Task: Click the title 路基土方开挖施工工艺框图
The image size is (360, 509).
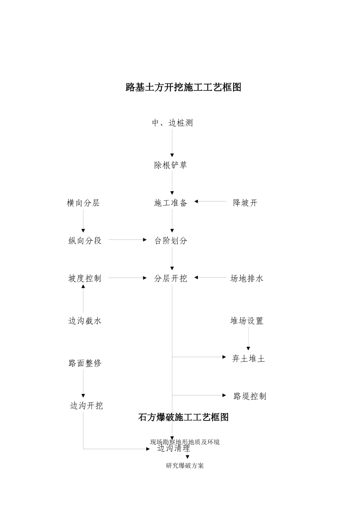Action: coord(183,87)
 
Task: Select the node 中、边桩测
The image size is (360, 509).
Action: coord(172,123)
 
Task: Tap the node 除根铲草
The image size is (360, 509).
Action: coord(171,165)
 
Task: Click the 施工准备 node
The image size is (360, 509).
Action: coord(171,203)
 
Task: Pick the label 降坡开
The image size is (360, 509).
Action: coord(245,203)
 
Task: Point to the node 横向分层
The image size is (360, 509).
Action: coord(83,203)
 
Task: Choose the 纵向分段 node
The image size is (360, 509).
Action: coord(85,241)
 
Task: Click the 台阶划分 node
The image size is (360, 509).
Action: coord(171,241)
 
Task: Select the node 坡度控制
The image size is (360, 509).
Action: coord(85,279)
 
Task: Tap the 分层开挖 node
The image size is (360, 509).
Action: coord(171,279)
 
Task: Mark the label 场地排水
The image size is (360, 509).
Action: coord(247,279)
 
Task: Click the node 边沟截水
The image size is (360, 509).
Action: coord(85,321)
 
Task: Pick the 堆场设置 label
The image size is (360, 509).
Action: coord(247,321)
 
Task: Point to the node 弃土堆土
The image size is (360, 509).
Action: coord(248,359)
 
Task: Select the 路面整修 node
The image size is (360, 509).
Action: coord(85,363)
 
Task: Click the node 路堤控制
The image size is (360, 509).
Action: coord(250,397)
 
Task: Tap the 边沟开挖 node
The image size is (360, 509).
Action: coord(86,406)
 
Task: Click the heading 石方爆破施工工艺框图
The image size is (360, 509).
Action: coord(183,417)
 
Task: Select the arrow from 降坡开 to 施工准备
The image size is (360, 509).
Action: coord(210,202)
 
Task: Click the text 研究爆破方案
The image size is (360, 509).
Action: coord(185,466)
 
